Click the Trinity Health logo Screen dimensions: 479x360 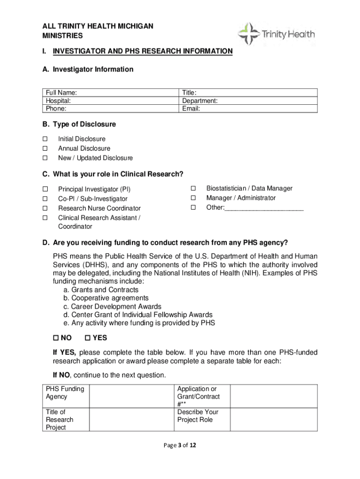coord(276,34)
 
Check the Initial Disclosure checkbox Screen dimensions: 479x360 coord(45,139)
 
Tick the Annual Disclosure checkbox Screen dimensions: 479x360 coord(45,148)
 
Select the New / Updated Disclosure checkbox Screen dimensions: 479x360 coord(45,158)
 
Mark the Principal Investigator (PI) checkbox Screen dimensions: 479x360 coord(45,189)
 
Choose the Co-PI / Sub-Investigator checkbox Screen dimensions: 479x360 coord(45,199)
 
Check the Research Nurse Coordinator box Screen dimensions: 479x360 coord(45,208)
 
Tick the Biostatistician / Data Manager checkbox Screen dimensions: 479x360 coord(193,188)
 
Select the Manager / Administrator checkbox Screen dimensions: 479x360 coord(193,198)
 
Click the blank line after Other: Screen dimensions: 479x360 coord(264,208)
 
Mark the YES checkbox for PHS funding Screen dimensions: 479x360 coord(88,338)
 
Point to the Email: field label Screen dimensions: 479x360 coord(191,109)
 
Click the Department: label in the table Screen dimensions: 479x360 coord(200,101)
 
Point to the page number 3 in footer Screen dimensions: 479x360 coord(180,445)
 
